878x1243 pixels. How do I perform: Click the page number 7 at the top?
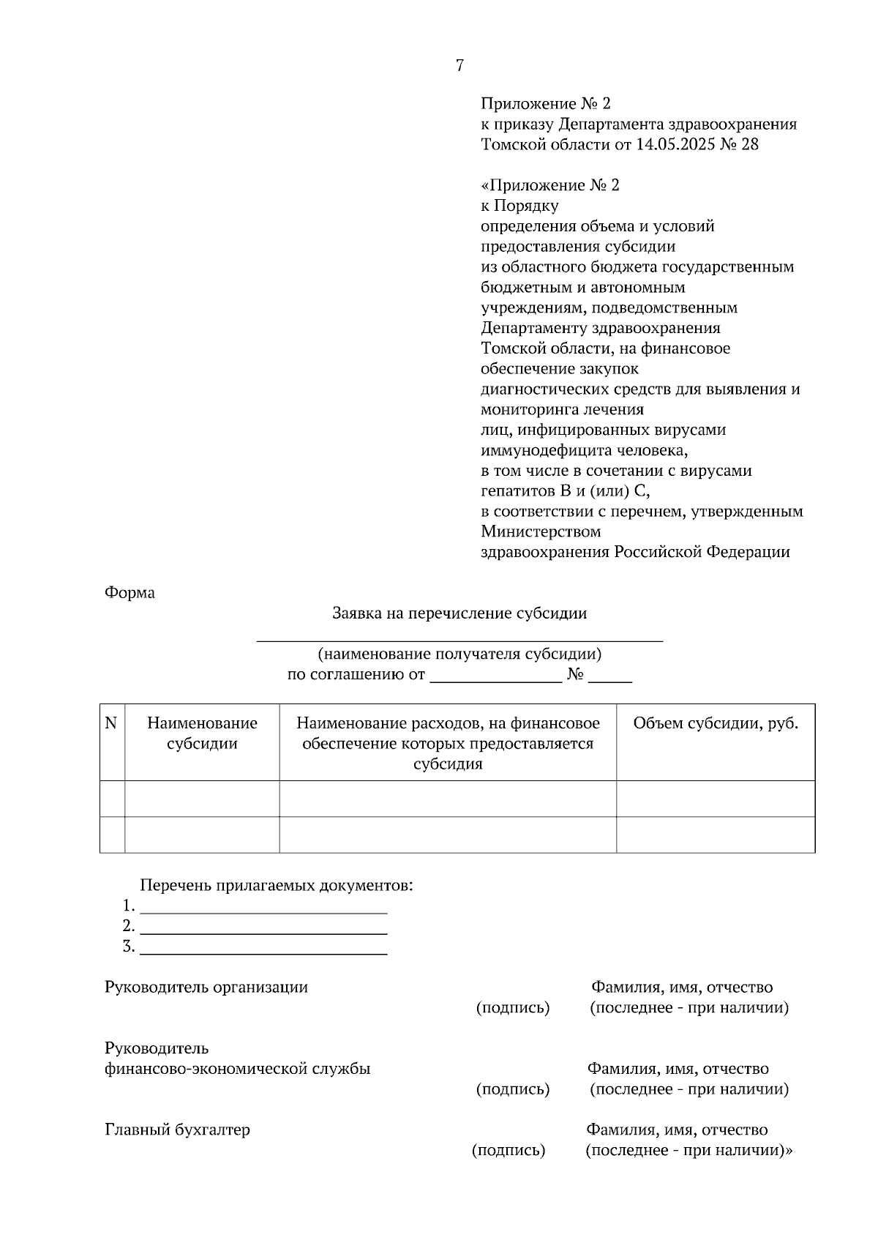tap(459, 66)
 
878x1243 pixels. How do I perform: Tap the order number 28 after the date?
tap(750, 144)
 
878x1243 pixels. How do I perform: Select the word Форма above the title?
tap(130, 593)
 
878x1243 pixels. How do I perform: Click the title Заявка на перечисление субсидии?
tap(459, 613)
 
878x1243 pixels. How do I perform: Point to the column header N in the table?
tap(111, 724)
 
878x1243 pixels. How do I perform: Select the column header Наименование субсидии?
tap(202, 734)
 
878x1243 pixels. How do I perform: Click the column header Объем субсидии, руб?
tap(716, 724)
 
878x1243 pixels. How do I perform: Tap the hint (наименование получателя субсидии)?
tap(459, 654)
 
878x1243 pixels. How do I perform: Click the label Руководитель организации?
tap(206, 988)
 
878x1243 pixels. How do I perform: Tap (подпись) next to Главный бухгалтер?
tap(509, 1150)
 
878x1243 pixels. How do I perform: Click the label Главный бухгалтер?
tap(178, 1130)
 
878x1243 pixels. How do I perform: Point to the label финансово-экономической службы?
tap(238, 1069)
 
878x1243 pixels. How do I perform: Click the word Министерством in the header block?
tap(541, 531)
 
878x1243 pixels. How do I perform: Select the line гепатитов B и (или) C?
tap(565, 491)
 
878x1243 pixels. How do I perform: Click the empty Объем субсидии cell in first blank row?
tap(716, 799)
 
